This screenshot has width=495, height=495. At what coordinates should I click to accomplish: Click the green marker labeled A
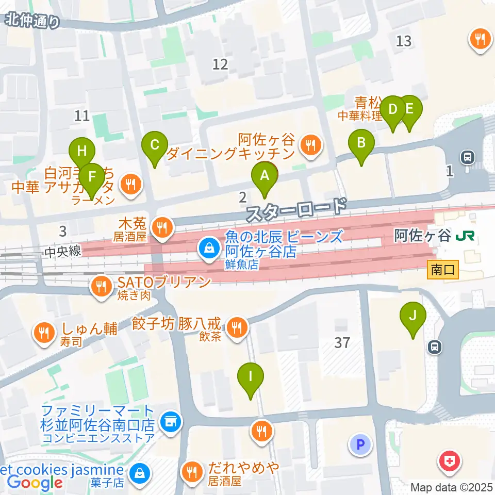[x=265, y=176]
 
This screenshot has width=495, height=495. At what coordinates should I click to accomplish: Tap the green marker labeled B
[x=361, y=143]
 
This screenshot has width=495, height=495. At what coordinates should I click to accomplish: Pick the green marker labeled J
[x=412, y=316]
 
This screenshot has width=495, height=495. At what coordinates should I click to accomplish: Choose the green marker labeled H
[x=82, y=152]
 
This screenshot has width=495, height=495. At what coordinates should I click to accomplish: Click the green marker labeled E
[x=409, y=110]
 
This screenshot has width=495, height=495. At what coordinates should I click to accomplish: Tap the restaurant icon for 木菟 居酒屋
[x=162, y=226]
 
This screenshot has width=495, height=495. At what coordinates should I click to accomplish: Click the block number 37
[x=342, y=342]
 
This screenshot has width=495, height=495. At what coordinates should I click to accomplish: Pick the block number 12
[x=220, y=64]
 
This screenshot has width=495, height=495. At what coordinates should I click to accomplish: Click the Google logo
[x=35, y=483]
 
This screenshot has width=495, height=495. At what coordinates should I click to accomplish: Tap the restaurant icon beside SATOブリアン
[x=100, y=287]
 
